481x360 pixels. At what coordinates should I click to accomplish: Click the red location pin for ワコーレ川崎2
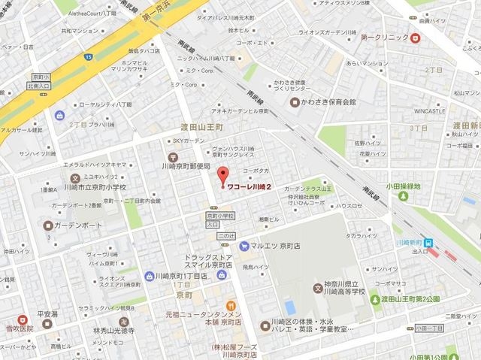[x=222, y=177]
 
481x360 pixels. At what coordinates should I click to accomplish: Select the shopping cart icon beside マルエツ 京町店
[x=244, y=246]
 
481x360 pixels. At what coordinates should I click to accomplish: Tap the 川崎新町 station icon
[x=428, y=243]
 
